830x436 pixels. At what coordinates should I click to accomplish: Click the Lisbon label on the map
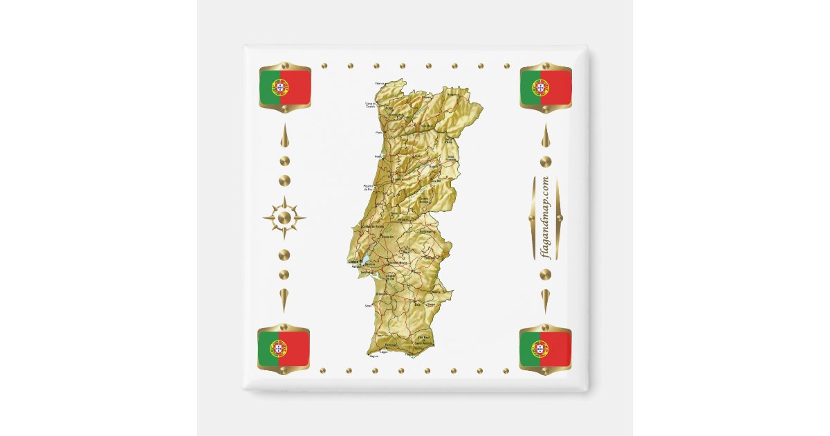tap(352, 261)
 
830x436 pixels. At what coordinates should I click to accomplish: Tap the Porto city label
tap(378, 132)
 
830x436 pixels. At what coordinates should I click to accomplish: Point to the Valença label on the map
tap(379, 84)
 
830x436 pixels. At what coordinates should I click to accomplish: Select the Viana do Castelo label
tap(370, 106)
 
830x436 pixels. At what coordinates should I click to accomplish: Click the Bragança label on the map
tap(453, 94)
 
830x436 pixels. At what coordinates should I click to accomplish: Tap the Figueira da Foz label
tap(369, 188)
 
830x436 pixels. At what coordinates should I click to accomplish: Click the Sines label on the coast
tap(369, 305)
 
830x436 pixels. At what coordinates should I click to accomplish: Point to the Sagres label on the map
tap(374, 356)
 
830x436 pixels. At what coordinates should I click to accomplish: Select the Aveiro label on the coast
tap(378, 156)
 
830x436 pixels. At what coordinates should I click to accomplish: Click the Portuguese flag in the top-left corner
tap(284, 87)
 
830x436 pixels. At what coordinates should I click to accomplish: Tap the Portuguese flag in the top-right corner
tap(546, 87)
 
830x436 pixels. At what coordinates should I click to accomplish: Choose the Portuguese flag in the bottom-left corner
tap(284, 349)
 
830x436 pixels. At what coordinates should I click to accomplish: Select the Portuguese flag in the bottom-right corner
tap(545, 349)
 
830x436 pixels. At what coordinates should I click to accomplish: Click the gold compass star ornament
tap(284, 218)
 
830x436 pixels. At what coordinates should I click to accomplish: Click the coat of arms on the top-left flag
tap(280, 87)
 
